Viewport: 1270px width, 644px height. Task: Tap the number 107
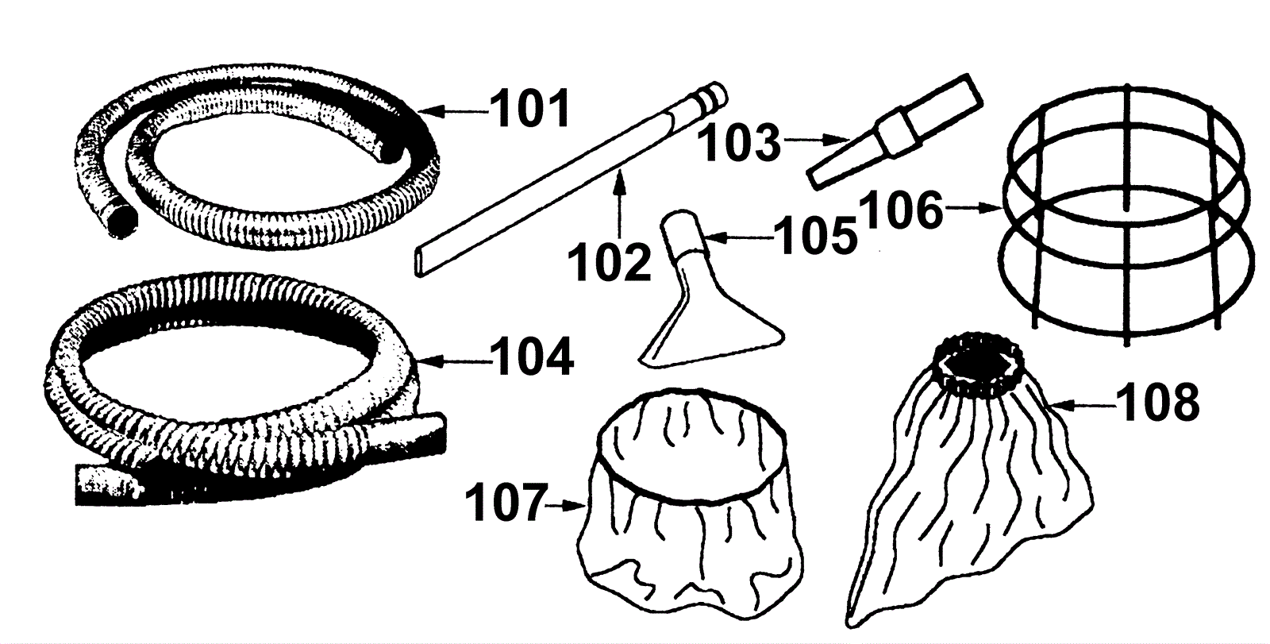(507, 504)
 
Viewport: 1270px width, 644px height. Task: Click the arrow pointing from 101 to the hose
(454, 114)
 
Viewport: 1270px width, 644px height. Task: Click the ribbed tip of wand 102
(710, 97)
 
